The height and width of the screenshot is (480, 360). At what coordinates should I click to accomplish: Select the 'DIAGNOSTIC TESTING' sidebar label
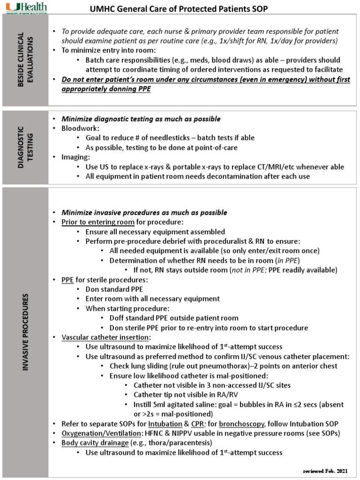coord(26,146)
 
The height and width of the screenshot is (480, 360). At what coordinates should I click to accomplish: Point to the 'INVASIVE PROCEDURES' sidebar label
coord(26,333)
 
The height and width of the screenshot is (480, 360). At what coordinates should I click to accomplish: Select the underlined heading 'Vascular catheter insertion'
coord(105,337)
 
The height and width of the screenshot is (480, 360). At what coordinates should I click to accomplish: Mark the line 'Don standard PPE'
coord(114,289)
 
